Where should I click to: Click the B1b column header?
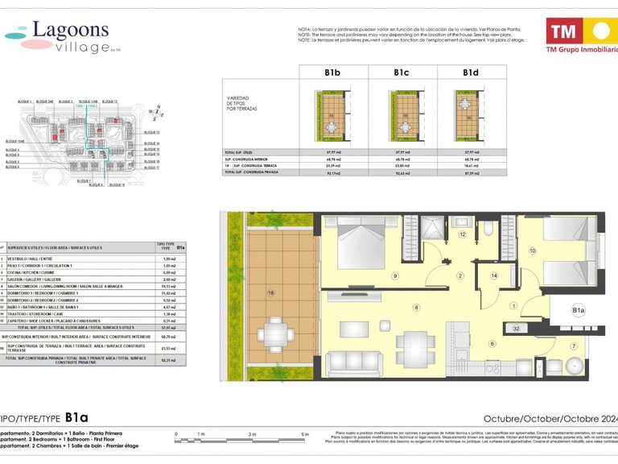pyautogui.click(x=333, y=72)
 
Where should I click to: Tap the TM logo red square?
pyautogui.click(x=563, y=32)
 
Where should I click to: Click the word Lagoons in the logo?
pyautogui.click(x=71, y=30)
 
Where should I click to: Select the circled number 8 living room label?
pyautogui.click(x=416, y=307)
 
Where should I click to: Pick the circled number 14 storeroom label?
pyautogui.click(x=494, y=275)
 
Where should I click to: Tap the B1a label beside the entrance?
pyautogui.click(x=578, y=309)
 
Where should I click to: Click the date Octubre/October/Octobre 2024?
pyautogui.click(x=549, y=418)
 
